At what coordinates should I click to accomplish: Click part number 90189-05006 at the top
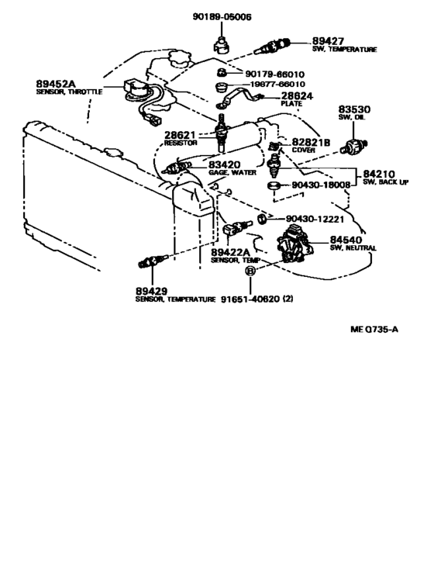point(222,17)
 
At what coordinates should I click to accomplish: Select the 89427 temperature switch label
point(328,42)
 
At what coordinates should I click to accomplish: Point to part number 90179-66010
point(274,74)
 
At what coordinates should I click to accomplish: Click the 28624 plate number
point(297,96)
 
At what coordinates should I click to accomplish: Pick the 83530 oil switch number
point(354,109)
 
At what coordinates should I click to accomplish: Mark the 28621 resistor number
point(180,135)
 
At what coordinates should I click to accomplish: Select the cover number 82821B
point(311,143)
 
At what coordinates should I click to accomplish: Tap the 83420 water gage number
point(225,165)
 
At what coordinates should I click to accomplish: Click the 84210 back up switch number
point(379,175)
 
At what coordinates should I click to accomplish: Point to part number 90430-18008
point(321,185)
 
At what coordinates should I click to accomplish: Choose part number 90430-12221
point(315,219)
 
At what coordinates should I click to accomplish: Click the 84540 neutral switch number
point(346,240)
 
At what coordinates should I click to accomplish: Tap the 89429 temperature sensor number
point(151,291)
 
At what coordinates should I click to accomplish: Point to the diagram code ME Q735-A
point(374,329)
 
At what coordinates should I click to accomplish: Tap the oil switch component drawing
point(354,146)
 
